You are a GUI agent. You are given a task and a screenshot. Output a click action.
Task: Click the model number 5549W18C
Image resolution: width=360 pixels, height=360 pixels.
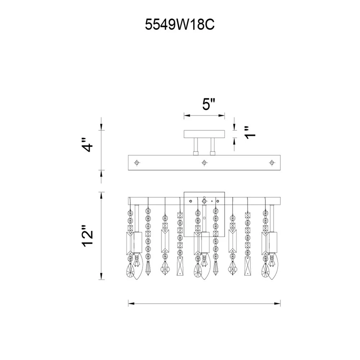tap(180, 24)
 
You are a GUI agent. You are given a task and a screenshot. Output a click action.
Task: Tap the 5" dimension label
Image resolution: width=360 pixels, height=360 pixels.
tap(209, 104)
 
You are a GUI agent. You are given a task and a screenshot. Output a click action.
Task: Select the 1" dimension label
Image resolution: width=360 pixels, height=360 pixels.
tap(250, 132)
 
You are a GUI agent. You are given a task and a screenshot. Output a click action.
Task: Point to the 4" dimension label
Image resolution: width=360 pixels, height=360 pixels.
tap(87, 145)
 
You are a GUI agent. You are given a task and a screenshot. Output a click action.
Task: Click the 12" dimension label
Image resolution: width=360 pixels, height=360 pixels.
tap(87, 236)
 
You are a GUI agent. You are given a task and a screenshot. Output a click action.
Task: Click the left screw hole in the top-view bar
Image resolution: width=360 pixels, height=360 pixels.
tap(137, 163)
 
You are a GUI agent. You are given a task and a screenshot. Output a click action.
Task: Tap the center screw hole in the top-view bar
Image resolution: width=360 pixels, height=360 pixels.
tap(204, 163)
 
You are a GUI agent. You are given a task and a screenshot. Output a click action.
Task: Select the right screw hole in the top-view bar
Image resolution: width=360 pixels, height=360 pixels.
tap(272, 163)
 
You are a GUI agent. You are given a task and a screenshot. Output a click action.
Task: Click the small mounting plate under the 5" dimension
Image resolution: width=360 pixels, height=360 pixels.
tap(204, 134)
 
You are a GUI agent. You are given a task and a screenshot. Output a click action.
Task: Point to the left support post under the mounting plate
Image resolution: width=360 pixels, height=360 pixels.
tap(196, 147)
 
